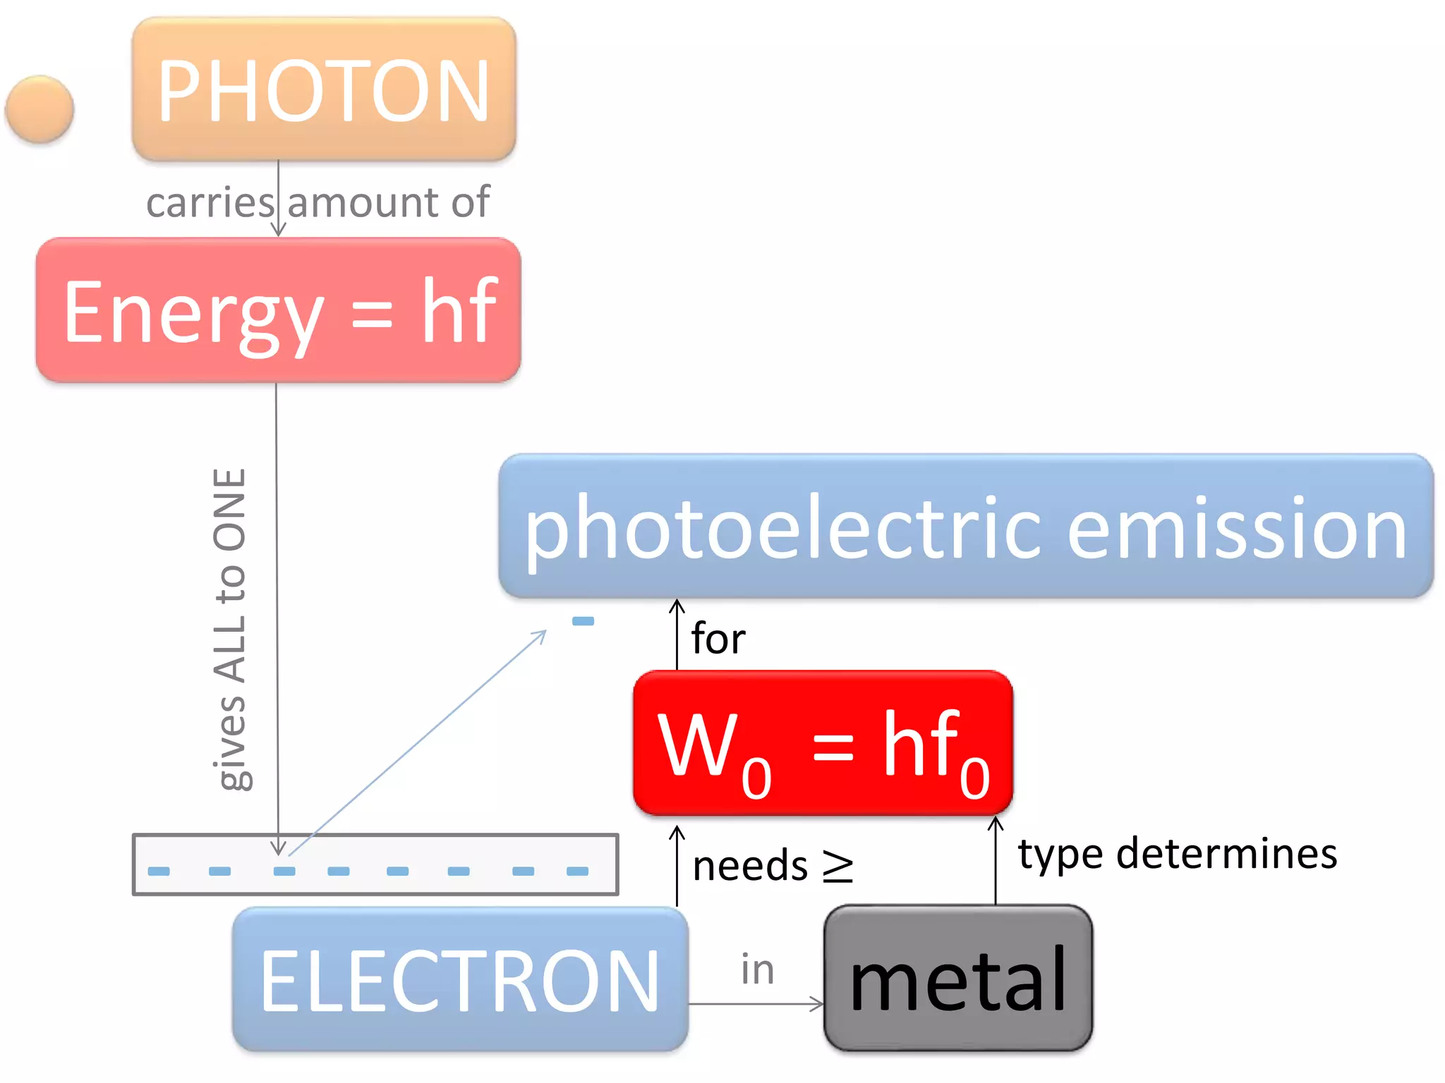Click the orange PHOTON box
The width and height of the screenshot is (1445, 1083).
324,90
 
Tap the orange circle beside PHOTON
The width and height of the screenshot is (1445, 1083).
40,109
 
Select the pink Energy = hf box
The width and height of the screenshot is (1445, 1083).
279,310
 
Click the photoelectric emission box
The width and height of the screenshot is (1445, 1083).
965,526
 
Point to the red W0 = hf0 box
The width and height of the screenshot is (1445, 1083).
823,743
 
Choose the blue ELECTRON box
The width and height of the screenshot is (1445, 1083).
460,979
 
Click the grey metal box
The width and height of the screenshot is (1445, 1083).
958,979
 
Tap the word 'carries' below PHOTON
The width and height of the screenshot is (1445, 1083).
210,202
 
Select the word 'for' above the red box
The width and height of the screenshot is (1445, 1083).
718,639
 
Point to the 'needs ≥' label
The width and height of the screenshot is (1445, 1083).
773,866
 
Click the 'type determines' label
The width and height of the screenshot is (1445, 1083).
1177,854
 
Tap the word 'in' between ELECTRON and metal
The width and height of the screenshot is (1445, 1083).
757,969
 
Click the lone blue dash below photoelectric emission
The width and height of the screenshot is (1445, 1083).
583,621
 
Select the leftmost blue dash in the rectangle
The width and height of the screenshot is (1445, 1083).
159,871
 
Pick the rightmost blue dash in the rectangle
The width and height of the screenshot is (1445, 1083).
577,871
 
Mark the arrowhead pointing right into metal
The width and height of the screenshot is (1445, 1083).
818,1004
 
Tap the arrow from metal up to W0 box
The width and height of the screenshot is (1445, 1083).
996,860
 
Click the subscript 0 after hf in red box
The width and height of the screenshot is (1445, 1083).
974,778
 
